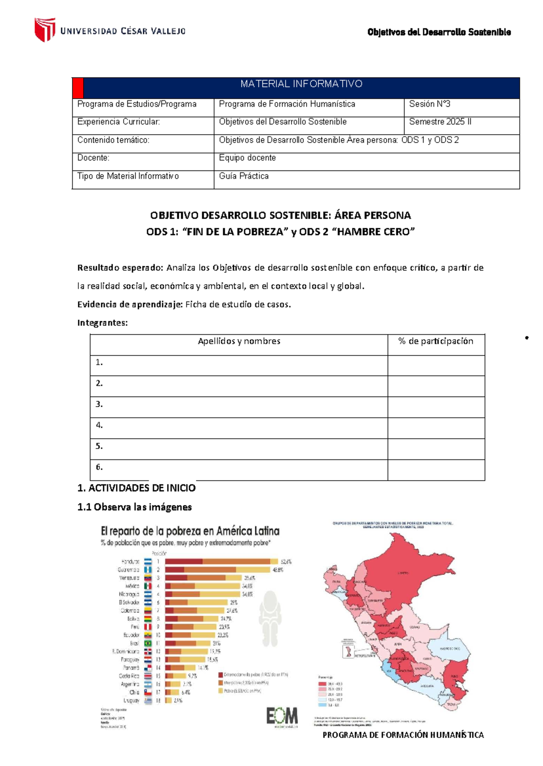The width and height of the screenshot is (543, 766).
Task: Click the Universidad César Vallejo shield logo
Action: [x=45, y=30]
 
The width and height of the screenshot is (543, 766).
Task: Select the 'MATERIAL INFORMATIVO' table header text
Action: [x=301, y=84]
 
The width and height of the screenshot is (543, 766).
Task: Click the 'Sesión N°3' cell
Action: [x=429, y=104]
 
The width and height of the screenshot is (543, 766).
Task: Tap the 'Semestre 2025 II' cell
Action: [x=440, y=122]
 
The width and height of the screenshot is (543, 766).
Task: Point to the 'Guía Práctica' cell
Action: [x=243, y=176]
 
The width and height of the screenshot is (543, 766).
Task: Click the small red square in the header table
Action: [x=78, y=88]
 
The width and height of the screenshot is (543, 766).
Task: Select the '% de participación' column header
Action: [x=435, y=341]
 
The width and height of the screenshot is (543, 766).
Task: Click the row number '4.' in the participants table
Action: [x=99, y=425]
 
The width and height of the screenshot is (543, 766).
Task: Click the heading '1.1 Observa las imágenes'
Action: [x=134, y=507]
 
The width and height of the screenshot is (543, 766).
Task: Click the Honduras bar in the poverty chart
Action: [x=217, y=562]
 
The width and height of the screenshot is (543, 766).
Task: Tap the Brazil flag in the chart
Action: [x=148, y=643]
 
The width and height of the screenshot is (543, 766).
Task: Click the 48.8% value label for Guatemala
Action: [x=277, y=570]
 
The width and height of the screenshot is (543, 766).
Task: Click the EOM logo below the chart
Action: [x=281, y=716]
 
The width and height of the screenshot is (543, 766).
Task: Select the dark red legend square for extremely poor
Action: [x=221, y=675]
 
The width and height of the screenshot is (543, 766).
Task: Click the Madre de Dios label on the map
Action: [x=449, y=648]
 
